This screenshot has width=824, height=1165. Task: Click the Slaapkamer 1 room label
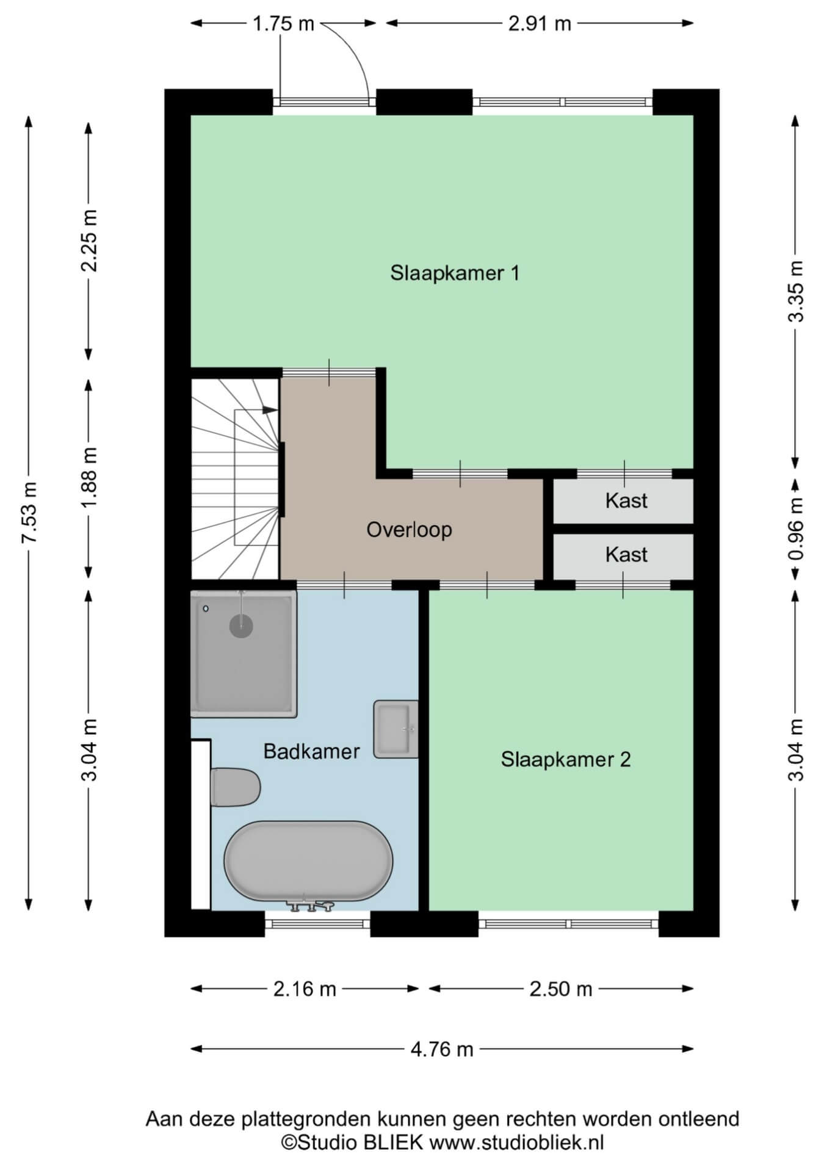455,273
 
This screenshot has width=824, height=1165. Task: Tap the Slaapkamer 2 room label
566,759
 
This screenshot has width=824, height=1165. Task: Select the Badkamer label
311,751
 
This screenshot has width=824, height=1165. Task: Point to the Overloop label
409,529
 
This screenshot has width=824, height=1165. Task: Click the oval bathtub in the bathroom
308,860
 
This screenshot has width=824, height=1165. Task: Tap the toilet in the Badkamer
235,787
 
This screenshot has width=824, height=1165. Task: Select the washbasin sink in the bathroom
396,729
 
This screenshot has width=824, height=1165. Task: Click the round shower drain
241,625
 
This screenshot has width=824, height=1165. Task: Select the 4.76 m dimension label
442,1049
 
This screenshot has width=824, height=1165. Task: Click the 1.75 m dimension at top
283,24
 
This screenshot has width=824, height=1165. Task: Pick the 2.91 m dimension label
540,24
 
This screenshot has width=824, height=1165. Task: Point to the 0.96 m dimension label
796,530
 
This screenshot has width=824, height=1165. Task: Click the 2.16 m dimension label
305,989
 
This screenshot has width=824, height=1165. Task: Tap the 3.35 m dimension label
796,291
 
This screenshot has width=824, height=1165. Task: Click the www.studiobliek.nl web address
516,1142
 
